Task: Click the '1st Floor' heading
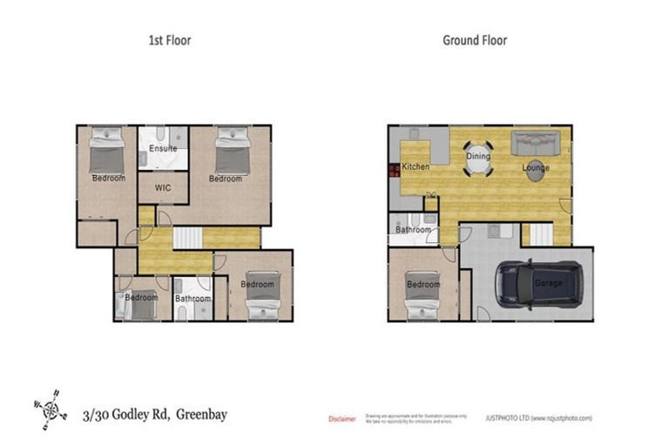click(x=169, y=40)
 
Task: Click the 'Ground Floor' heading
click(x=475, y=40)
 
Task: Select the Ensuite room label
click(x=163, y=149)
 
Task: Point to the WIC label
click(x=163, y=187)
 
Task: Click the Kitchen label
click(x=416, y=166)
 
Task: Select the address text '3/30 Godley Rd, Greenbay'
click(x=155, y=414)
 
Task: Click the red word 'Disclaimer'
click(x=341, y=420)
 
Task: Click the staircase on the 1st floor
click(x=187, y=237)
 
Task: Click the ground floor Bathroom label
click(x=414, y=230)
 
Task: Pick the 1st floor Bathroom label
click(x=193, y=299)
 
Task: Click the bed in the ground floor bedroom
click(x=421, y=296)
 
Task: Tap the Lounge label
click(x=536, y=167)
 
